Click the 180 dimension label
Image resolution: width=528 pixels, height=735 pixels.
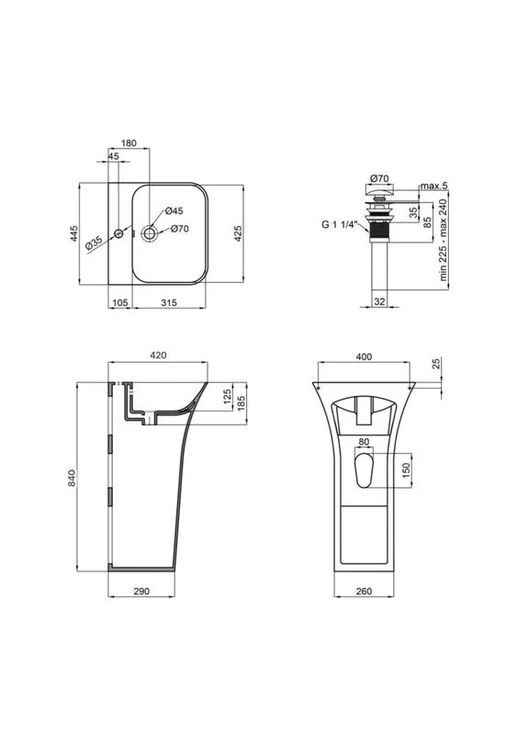129,143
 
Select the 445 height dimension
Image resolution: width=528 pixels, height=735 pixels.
73,233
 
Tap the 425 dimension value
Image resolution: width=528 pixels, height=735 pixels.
238,233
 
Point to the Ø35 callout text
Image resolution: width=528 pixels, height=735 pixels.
94,243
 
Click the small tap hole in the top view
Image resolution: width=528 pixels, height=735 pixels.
119,233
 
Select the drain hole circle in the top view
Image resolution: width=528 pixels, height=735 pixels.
150,233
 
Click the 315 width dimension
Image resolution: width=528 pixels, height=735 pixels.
169,303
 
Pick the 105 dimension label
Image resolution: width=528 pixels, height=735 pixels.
120,303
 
